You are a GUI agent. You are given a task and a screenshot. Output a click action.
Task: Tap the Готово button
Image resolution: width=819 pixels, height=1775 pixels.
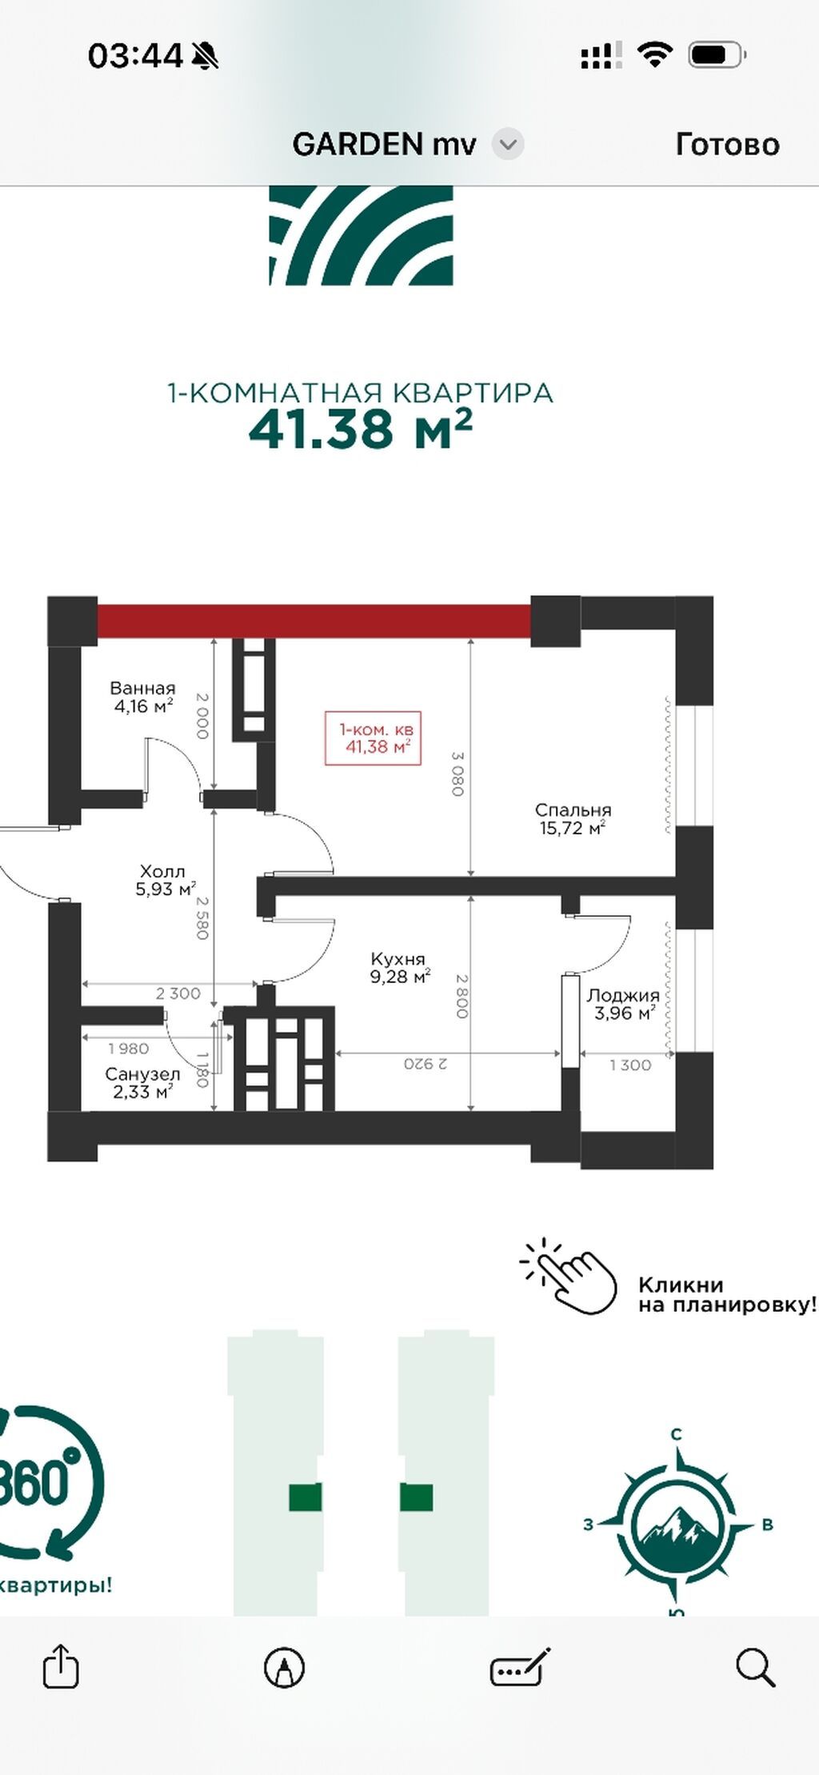click(727, 145)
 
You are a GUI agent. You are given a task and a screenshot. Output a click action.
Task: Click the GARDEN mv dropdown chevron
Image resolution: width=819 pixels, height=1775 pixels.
click(507, 145)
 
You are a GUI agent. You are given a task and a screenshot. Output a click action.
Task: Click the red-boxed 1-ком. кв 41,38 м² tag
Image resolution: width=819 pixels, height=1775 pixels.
click(373, 738)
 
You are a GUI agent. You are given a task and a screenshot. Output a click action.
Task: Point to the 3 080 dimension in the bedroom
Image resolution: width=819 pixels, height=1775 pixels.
click(457, 774)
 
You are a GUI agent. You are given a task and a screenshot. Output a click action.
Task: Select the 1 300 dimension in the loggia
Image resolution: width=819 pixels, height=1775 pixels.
click(630, 1065)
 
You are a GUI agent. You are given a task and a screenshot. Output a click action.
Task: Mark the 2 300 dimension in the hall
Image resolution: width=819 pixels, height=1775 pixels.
click(178, 993)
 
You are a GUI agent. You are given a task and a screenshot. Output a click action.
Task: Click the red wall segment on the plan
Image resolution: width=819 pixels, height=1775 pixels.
click(314, 621)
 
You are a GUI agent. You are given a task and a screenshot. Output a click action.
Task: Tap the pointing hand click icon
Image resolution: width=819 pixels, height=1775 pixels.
click(569, 1276)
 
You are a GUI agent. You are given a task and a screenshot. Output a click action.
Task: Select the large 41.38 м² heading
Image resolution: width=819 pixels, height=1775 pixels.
click(361, 430)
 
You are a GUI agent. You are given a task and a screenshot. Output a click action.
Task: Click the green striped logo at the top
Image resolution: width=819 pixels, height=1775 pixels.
click(362, 236)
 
